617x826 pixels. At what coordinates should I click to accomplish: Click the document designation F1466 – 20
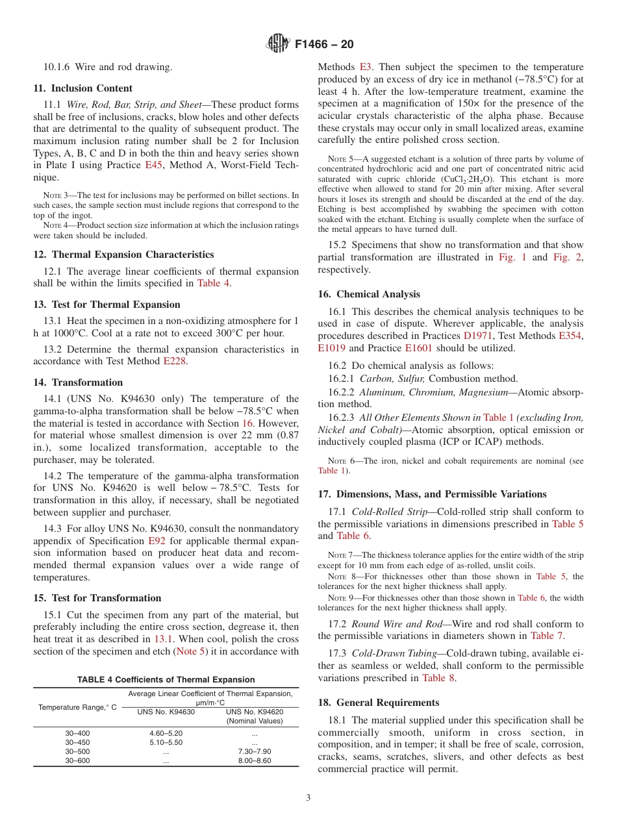click(x=324, y=44)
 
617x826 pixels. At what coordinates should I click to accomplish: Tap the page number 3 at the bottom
click(x=308, y=798)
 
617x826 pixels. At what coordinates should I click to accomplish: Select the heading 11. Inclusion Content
click(x=82, y=88)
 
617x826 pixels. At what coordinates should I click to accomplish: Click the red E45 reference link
click(x=153, y=165)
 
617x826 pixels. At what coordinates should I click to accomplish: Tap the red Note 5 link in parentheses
click(x=191, y=651)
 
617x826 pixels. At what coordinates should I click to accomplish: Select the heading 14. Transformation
click(x=78, y=382)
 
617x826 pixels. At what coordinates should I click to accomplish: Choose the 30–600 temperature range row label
click(x=78, y=760)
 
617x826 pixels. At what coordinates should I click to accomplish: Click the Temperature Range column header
click(x=77, y=707)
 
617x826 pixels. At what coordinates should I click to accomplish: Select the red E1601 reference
click(x=418, y=348)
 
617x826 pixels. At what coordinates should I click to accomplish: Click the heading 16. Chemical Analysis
click(x=369, y=294)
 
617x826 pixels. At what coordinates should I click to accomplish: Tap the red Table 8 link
click(x=438, y=677)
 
